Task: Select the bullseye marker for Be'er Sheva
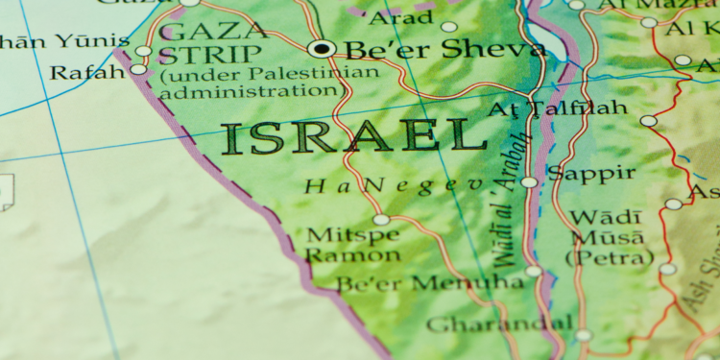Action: click(322, 48)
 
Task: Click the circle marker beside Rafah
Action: click(138, 69)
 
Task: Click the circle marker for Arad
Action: click(449, 27)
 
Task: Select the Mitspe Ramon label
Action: click(340, 245)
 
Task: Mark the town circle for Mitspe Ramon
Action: click(381, 220)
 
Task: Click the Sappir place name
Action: click(590, 173)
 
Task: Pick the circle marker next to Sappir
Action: click(529, 181)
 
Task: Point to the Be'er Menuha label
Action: click(430, 283)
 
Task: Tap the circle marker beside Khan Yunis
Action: click(143, 50)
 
